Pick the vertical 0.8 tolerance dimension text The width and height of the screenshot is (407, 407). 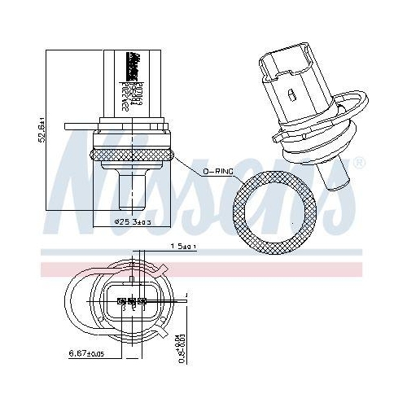180,336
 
